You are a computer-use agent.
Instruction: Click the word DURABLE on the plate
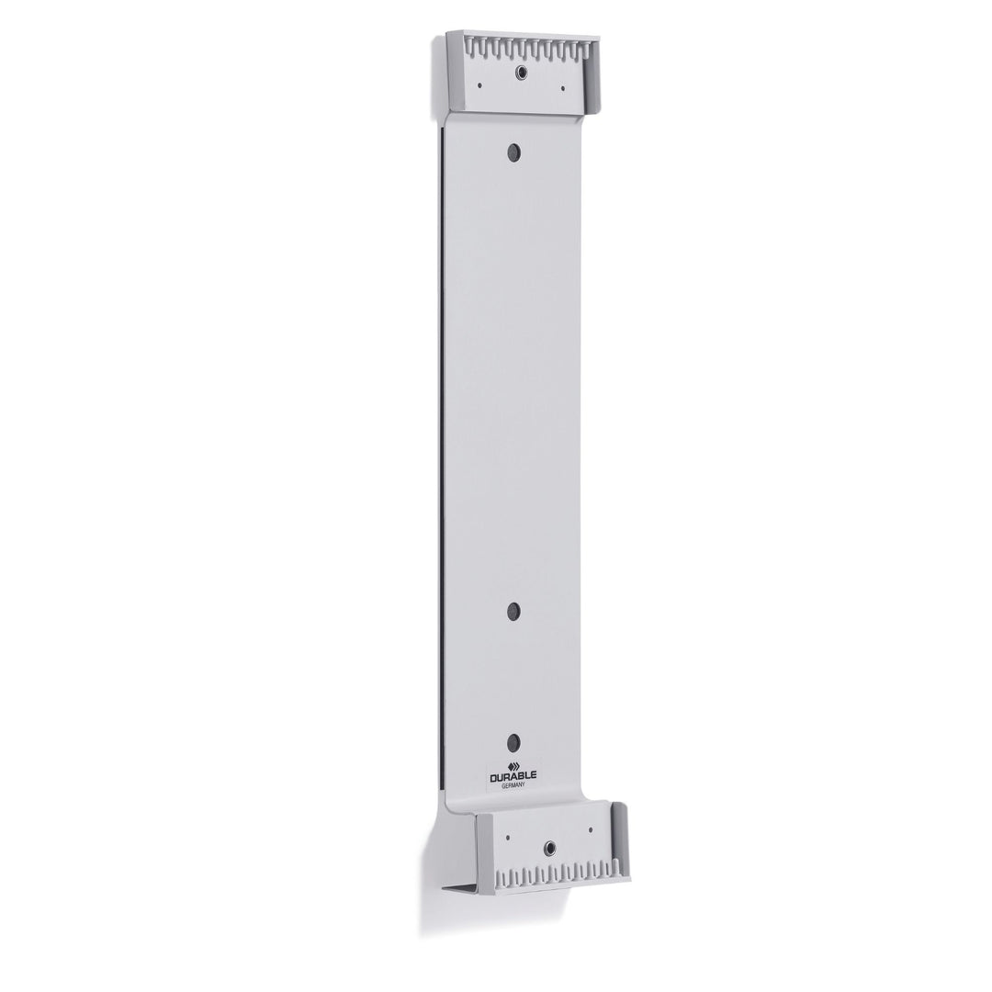tap(513, 775)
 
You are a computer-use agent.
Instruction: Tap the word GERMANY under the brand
tap(513, 785)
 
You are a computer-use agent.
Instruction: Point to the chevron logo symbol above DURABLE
tap(513, 763)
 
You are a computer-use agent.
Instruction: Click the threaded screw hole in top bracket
tap(522, 73)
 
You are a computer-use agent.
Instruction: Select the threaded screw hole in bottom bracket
tap(549, 847)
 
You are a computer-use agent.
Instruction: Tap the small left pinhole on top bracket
tap(479, 85)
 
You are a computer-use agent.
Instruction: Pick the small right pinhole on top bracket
tap(563, 88)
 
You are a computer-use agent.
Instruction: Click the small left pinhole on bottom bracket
tap(507, 837)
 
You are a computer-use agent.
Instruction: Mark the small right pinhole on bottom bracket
tap(591, 829)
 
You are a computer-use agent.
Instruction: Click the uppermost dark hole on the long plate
tap(513, 152)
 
